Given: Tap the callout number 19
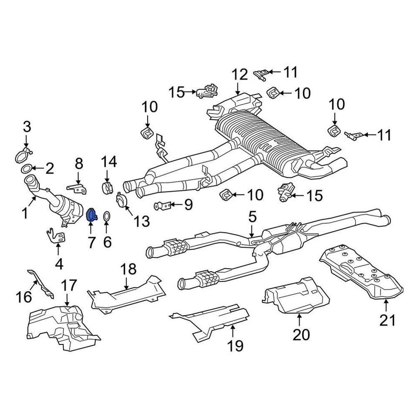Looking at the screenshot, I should pos(235,346).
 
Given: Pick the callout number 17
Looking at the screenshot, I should pos(68,286).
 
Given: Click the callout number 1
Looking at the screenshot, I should pos(25,213).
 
